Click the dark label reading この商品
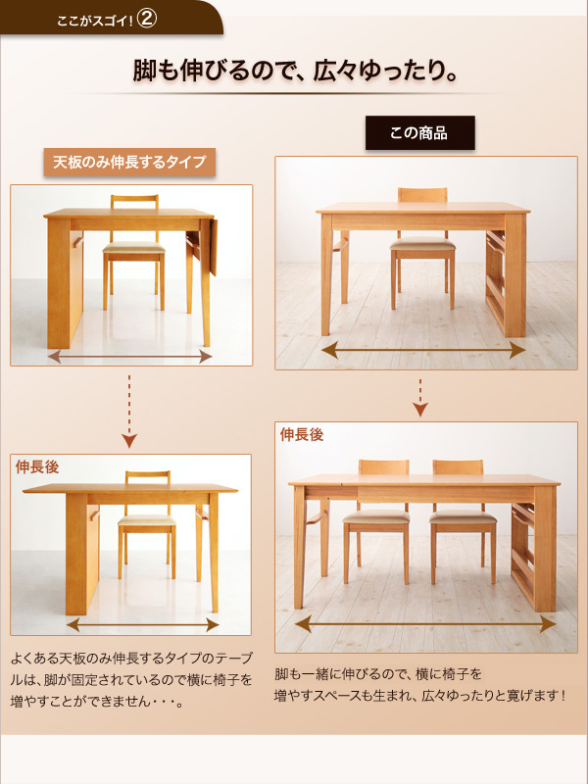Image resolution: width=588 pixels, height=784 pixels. [419, 133]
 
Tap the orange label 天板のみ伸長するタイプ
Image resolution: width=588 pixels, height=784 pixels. [130, 162]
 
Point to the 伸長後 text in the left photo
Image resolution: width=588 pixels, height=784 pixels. [37, 467]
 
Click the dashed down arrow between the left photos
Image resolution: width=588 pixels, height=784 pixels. [130, 412]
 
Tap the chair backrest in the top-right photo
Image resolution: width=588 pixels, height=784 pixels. [421, 197]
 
